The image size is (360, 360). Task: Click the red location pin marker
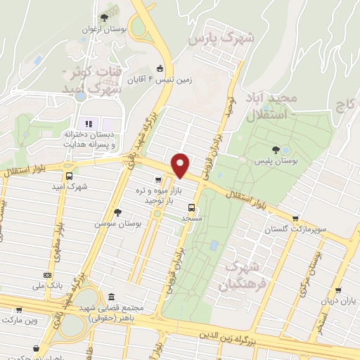181,165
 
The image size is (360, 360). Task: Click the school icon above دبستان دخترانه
89,124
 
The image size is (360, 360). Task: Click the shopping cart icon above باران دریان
338,290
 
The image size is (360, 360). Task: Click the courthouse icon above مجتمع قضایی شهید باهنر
117,299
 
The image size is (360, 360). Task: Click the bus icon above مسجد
191,207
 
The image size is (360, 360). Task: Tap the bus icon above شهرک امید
69,176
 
